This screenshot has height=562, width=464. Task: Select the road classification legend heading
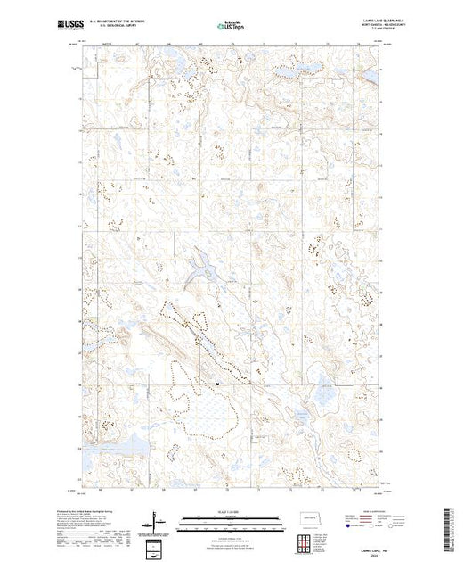(x=354, y=514)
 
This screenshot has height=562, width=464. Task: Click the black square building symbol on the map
(x=219, y=385)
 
